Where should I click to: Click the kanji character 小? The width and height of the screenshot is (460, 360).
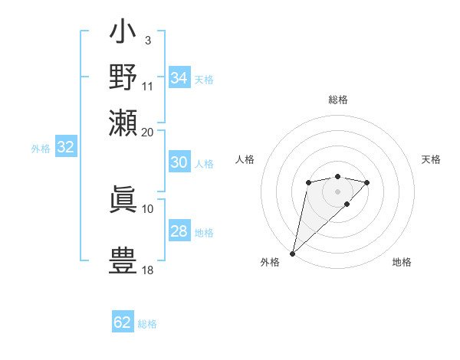[123, 35]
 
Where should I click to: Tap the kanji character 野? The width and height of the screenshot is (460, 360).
[123, 77]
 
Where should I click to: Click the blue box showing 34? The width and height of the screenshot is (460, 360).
[179, 77]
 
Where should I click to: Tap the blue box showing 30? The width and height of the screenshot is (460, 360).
[179, 162]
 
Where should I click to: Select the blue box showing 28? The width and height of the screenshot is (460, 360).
[179, 231]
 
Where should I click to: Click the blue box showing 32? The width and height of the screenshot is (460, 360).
[65, 148]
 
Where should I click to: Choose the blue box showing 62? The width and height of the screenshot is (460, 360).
[123, 322]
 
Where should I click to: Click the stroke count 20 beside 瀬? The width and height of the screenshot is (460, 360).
[148, 132]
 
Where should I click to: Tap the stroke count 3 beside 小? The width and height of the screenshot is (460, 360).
[148, 40]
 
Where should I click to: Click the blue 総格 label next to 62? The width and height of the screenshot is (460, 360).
[147, 324]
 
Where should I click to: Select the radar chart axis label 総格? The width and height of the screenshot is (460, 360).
[337, 100]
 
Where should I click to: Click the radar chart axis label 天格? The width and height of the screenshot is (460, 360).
[431, 159]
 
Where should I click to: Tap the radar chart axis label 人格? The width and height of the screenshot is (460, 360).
[245, 159]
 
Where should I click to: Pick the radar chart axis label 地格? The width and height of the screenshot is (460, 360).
[402, 262]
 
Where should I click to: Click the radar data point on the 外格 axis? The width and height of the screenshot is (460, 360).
[292, 253]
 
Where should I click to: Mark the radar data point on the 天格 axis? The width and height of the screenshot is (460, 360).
[367, 182]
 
